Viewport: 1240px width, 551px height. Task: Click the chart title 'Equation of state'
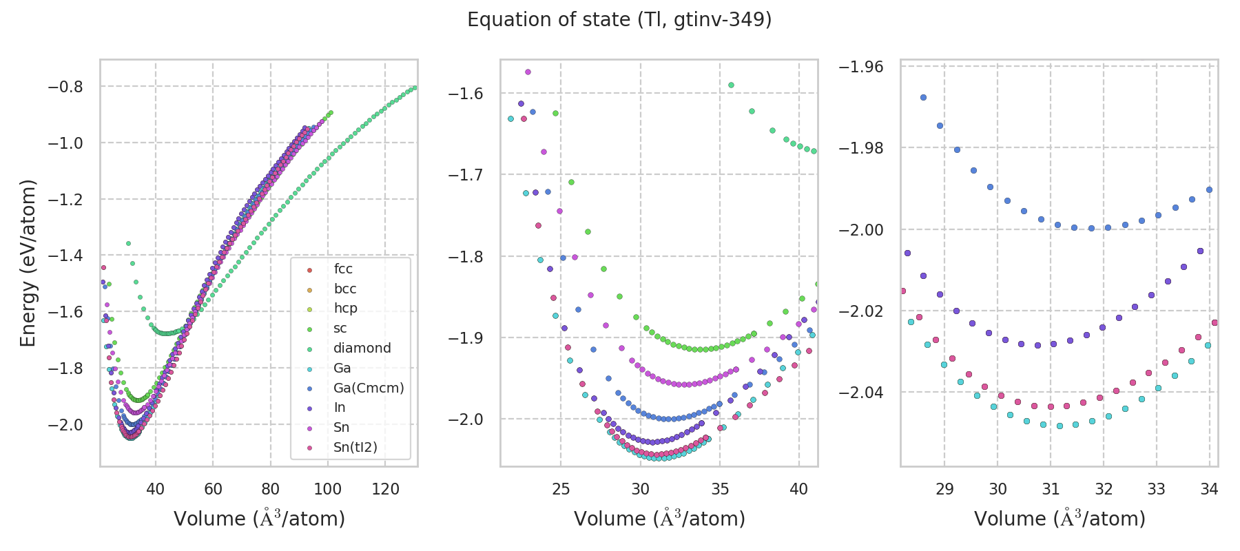tap(619, 20)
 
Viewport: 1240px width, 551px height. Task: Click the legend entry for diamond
tap(362, 348)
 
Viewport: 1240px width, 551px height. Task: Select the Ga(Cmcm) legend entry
tap(368, 388)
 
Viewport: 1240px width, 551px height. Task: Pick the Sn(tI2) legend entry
tap(355, 447)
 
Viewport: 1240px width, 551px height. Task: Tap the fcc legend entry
tap(343, 269)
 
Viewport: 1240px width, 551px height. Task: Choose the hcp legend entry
tap(345, 308)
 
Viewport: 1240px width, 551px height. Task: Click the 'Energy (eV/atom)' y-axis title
tap(28, 263)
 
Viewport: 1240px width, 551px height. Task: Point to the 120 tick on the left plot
tap(385, 489)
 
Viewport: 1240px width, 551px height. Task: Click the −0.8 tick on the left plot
tap(65, 87)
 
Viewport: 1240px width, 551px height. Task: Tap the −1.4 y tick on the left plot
tap(65, 256)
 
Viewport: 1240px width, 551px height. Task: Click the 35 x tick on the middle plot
tap(720, 489)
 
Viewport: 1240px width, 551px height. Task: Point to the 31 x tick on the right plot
tap(1051, 489)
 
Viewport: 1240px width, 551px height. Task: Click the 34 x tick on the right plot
tap(1209, 489)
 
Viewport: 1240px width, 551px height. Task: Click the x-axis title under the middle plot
tap(659, 519)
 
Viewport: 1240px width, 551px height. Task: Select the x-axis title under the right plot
tap(1060, 519)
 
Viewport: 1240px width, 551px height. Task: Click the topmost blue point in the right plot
tap(923, 98)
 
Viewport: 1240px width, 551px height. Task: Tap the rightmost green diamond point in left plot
tap(415, 87)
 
